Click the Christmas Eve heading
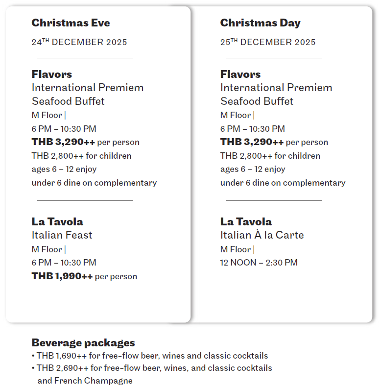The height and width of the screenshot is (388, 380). (x=71, y=23)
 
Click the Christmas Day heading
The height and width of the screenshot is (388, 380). (x=260, y=23)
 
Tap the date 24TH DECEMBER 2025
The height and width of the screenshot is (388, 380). (x=79, y=42)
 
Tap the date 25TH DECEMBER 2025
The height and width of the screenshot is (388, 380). (x=268, y=42)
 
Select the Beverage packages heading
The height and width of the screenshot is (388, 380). (x=83, y=342)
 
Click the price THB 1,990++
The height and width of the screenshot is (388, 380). (x=62, y=276)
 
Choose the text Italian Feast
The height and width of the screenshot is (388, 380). (x=62, y=235)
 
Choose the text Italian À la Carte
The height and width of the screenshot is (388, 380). (x=262, y=235)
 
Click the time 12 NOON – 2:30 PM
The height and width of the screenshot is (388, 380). (x=259, y=263)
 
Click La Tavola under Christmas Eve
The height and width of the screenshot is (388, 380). (x=57, y=221)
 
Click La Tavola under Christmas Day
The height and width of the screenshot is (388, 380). (x=246, y=221)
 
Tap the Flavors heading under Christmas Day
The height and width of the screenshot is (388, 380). (x=240, y=74)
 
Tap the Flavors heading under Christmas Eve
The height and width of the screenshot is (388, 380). (x=52, y=74)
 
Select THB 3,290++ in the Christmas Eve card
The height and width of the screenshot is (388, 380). (x=63, y=142)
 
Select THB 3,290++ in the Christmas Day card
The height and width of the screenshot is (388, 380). (x=252, y=142)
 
